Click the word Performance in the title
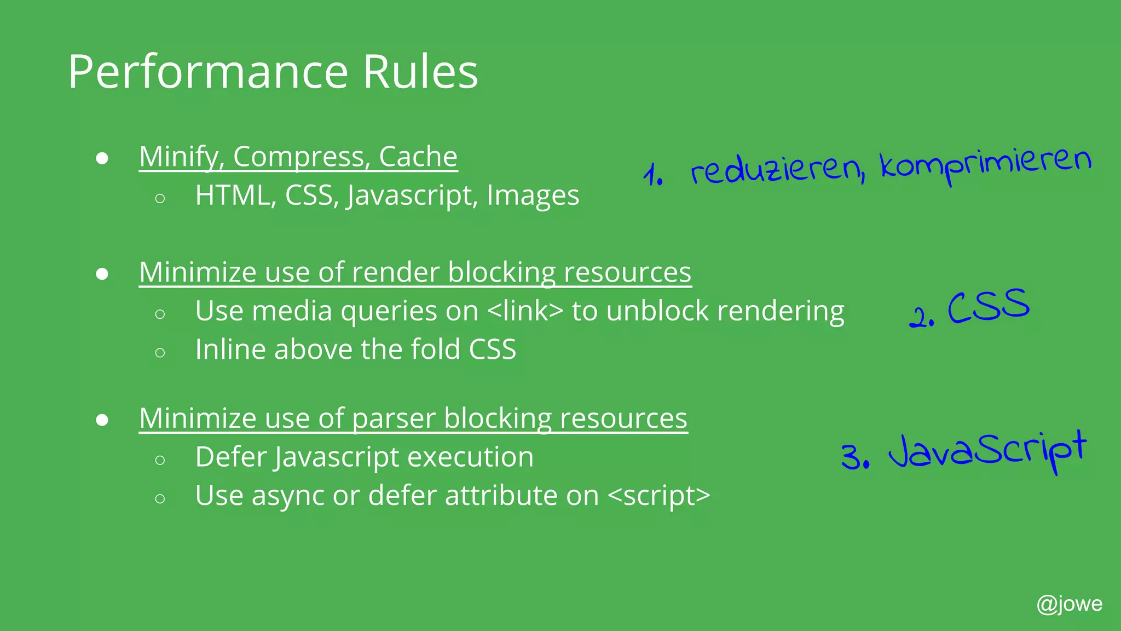[208, 72]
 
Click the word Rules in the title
[420, 72]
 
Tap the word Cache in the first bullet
[418, 157]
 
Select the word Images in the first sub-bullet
[533, 196]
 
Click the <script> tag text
[659, 496]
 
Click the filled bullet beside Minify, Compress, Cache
[102, 159]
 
